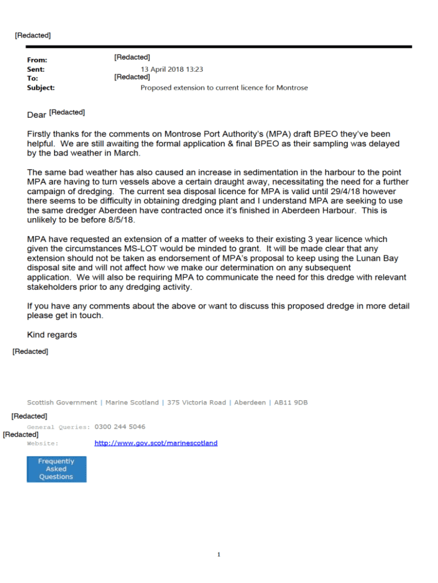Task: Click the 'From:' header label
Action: pyautogui.click(x=37, y=60)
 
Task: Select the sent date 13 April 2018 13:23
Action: pyautogui.click(x=172, y=69)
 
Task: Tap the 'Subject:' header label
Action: pyautogui.click(x=41, y=88)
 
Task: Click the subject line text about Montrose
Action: pyautogui.click(x=224, y=88)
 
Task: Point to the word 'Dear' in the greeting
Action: pyautogui.click(x=36, y=115)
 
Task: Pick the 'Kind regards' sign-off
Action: pyautogui.click(x=52, y=335)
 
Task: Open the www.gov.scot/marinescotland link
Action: pyautogui.click(x=156, y=443)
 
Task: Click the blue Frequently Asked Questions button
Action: pyautogui.click(x=56, y=469)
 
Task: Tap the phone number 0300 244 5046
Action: pyautogui.click(x=119, y=426)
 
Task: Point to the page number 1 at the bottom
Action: pyautogui.click(x=219, y=554)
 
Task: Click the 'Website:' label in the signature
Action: pyautogui.click(x=43, y=443)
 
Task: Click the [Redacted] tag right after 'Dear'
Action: pyautogui.click(x=67, y=112)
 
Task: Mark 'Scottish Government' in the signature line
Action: pyautogui.click(x=62, y=403)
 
